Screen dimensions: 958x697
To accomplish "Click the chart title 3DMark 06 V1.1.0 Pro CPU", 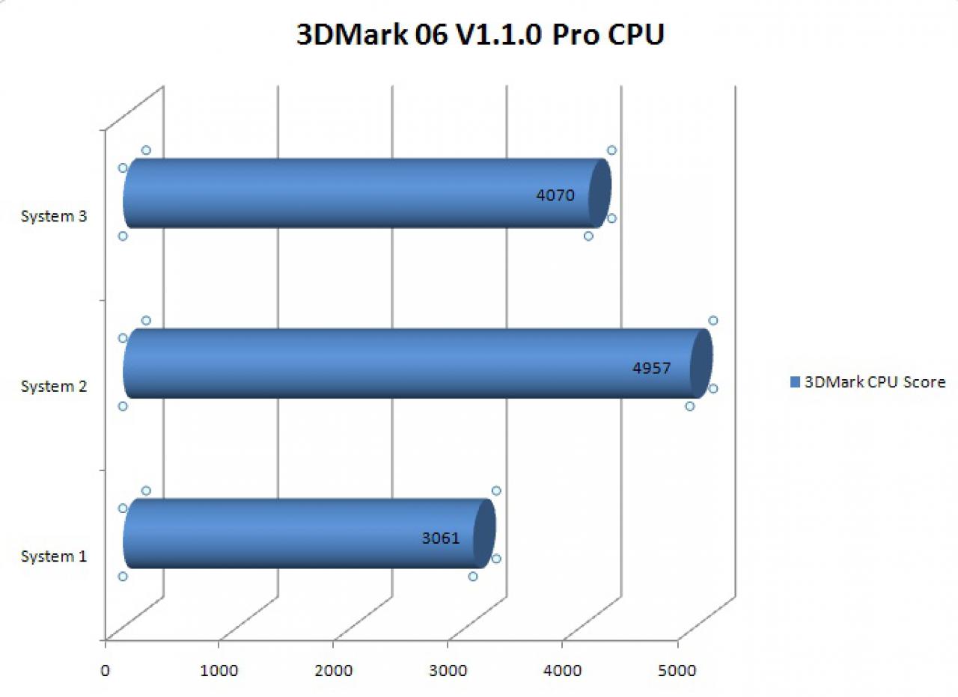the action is (480, 34).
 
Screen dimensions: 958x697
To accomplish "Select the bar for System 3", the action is (367, 193).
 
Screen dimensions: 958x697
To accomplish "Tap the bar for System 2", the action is (418, 363).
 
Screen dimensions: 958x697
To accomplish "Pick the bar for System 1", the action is (309, 533).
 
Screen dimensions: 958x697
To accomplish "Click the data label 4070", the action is (555, 195).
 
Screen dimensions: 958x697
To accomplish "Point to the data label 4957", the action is (651, 368).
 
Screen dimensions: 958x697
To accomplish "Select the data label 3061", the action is (441, 538).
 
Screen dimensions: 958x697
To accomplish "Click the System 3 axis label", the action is (54, 216).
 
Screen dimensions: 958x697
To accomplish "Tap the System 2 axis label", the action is (54, 387).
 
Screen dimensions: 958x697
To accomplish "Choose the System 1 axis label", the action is (54, 556).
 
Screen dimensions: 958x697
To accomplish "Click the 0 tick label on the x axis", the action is (105, 671).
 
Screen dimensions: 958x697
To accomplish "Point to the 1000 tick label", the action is (219, 671).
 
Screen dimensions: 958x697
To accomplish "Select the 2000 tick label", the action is (334, 671).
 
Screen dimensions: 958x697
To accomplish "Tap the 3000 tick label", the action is (448, 671).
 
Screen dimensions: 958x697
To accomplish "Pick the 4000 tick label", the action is (562, 671).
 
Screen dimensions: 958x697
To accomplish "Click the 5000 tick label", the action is (677, 671).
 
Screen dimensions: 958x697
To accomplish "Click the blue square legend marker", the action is (795, 382).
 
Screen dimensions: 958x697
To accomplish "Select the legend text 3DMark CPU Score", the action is (875, 382).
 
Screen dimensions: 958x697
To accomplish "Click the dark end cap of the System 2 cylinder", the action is (701, 363).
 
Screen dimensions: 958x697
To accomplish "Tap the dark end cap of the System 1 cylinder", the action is (484, 533).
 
